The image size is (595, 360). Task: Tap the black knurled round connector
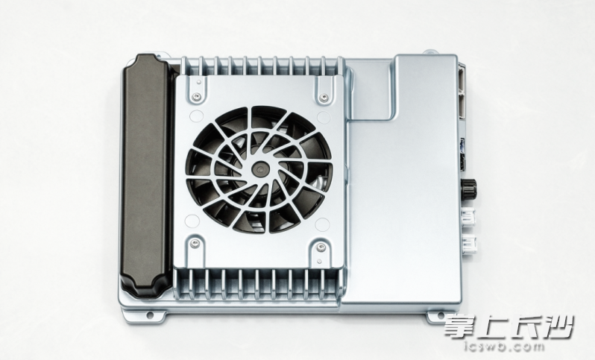click(x=469, y=188)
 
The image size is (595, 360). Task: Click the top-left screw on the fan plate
click(x=196, y=96)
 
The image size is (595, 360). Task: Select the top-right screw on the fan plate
click(x=324, y=98)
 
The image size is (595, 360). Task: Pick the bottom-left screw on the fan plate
click(x=195, y=243)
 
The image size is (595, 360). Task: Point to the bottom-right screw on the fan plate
click(x=321, y=247)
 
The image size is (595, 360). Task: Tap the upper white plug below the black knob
click(x=469, y=218)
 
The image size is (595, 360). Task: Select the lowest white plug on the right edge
click(x=469, y=243)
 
